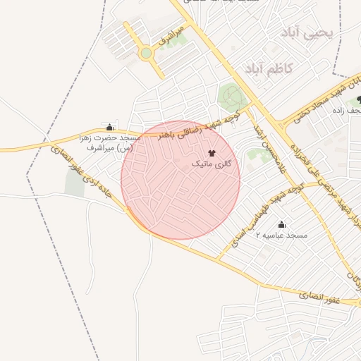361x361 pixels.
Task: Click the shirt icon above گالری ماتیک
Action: click(212, 152)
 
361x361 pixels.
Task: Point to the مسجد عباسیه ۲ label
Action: click(282, 234)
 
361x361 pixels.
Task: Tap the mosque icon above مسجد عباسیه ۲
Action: click(282, 224)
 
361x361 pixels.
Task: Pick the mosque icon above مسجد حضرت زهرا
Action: click(109, 128)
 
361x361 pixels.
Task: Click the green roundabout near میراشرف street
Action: click(146, 53)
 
